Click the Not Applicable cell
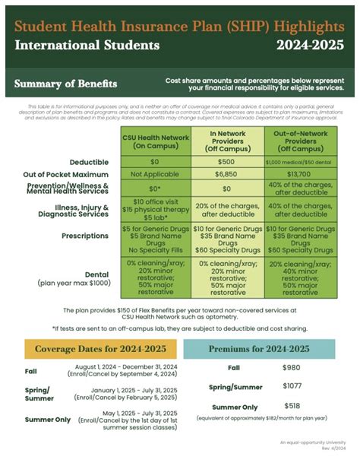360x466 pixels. (154, 174)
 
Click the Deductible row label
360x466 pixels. (89, 162)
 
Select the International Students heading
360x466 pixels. (87, 45)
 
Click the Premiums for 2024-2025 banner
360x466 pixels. (258, 349)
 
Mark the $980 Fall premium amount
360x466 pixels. (292, 368)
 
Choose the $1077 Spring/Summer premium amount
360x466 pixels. (293, 385)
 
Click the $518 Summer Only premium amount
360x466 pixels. (292, 406)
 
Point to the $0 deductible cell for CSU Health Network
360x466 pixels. (154, 162)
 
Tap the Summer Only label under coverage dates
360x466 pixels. (48, 419)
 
